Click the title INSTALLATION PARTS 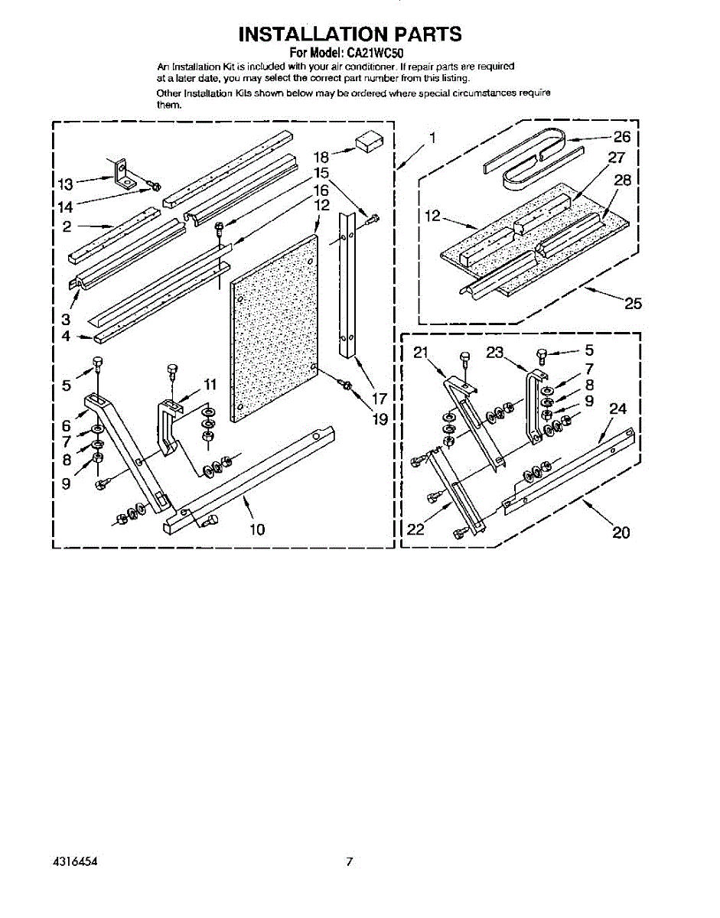[350, 34]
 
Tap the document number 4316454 [74, 861]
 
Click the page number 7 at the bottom [349, 861]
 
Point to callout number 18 [321, 157]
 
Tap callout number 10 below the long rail [257, 529]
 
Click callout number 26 [622, 138]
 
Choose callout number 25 [633, 303]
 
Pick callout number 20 [621, 532]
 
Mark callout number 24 [618, 409]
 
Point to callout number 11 [210, 384]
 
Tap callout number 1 [432, 138]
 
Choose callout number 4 [67, 336]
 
